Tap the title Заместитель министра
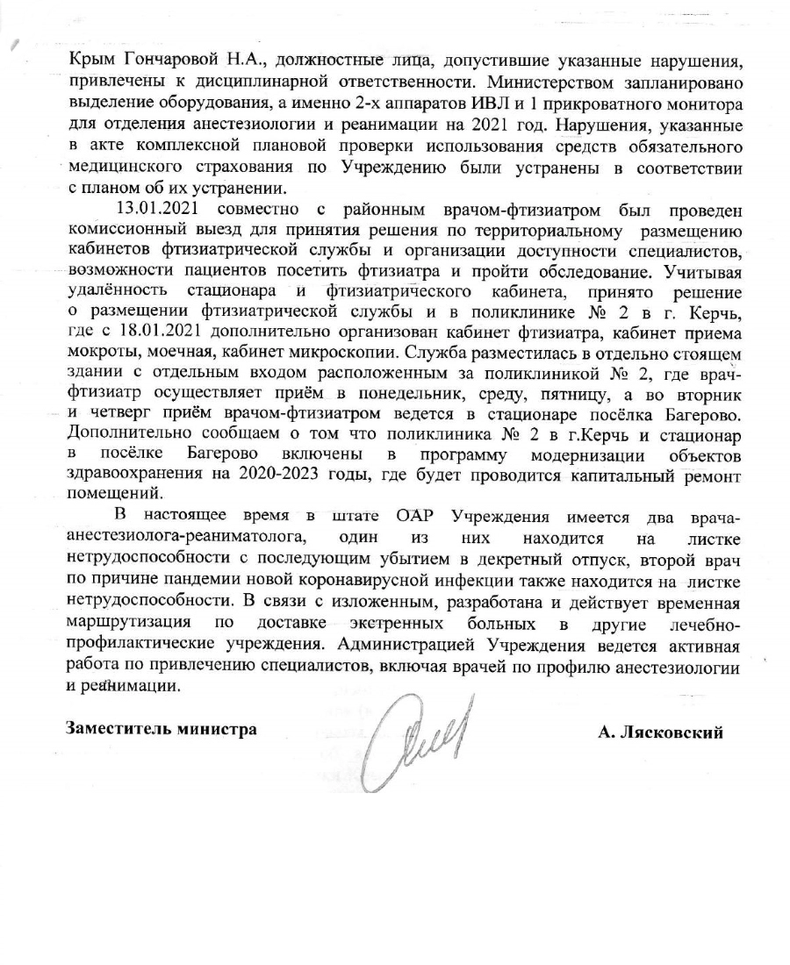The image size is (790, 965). coord(162,729)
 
